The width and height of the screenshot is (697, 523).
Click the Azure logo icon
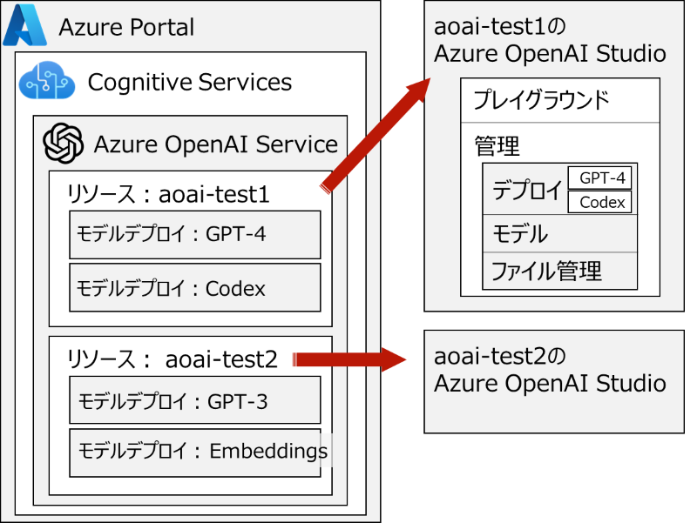click(25, 25)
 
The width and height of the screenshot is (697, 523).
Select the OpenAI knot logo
click(64, 143)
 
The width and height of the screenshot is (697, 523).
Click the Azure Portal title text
click(126, 28)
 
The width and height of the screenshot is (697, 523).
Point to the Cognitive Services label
click(189, 84)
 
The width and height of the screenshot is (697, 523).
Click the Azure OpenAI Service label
click(214, 144)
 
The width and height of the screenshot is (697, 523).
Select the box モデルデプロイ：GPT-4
click(194, 235)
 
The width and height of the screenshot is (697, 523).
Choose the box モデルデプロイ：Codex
click(194, 288)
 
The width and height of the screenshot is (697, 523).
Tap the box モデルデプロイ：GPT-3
click(194, 400)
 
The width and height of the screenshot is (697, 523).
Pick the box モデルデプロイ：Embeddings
click(198, 452)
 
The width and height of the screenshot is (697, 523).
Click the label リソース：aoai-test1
click(168, 193)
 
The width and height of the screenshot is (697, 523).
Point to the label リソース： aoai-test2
click(173, 359)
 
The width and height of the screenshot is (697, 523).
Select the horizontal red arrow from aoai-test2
click(348, 359)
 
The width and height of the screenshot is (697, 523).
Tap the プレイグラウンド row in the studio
click(559, 101)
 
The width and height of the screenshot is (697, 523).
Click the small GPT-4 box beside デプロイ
click(599, 178)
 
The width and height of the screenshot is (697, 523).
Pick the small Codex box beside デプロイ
click(599, 202)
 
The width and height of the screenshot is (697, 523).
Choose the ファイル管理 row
click(558, 271)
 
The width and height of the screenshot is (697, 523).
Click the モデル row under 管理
click(558, 233)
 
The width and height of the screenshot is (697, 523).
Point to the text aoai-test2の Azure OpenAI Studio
click(549, 371)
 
